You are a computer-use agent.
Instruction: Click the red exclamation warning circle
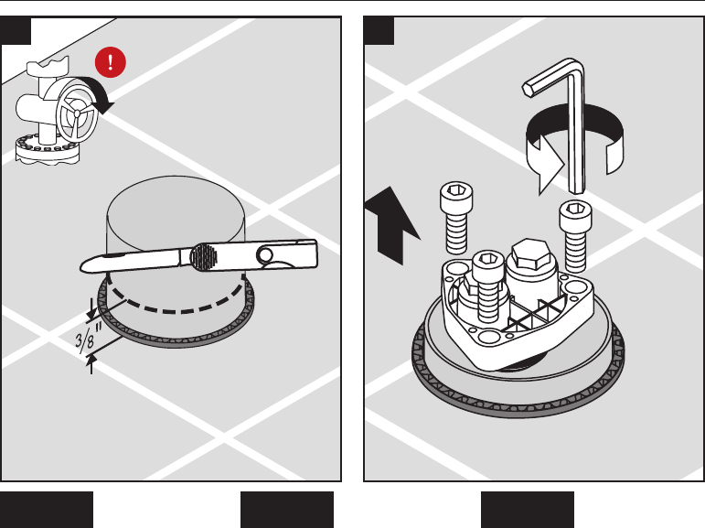pyautogui.click(x=110, y=62)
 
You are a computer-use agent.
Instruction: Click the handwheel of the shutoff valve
pyautogui.click(x=77, y=113)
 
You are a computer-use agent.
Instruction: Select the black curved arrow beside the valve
pyautogui.click(x=99, y=93)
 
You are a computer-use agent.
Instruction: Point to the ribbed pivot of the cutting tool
pyautogui.click(x=204, y=256)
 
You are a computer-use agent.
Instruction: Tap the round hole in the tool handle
pyautogui.click(x=264, y=255)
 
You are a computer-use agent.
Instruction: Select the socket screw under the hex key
pyautogui.click(x=575, y=236)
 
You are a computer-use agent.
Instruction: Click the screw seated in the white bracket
pyautogui.click(x=488, y=286)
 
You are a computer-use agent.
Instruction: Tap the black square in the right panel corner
pyautogui.click(x=379, y=30)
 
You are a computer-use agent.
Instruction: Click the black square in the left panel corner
pyautogui.click(x=16, y=30)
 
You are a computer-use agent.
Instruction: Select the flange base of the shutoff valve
pyautogui.click(x=48, y=149)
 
